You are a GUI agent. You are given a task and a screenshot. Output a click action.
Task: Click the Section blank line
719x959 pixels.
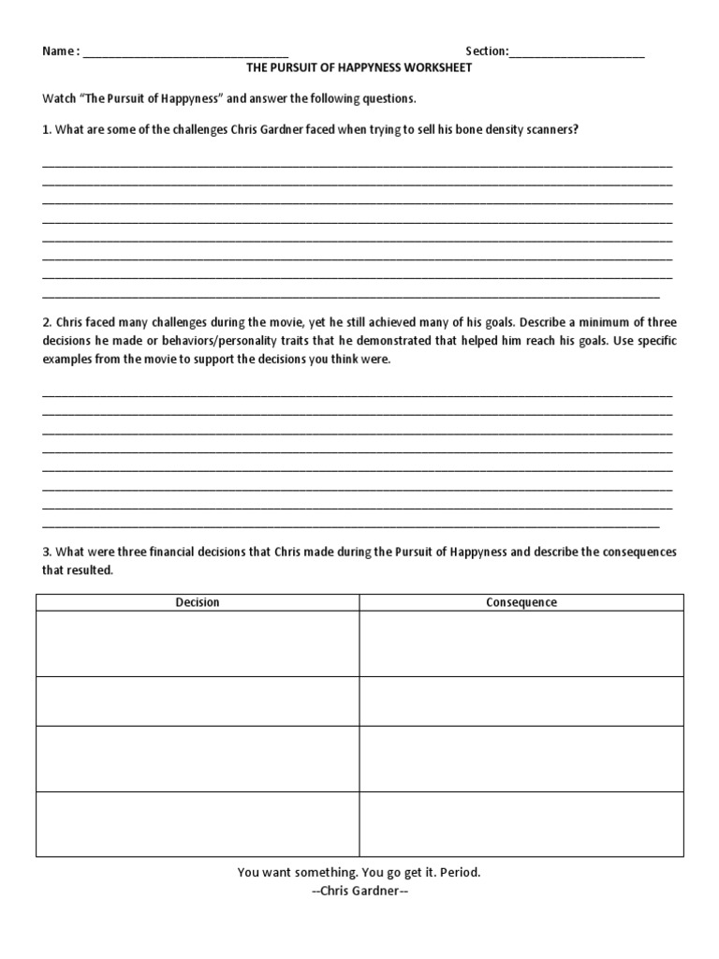point(577,54)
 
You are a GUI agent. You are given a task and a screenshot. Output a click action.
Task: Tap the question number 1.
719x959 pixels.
point(46,129)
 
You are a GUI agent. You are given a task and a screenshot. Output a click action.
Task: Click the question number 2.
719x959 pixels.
point(46,323)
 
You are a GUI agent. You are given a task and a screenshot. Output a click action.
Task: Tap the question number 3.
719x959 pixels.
point(46,552)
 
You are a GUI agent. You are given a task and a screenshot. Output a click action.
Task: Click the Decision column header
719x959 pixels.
point(198,602)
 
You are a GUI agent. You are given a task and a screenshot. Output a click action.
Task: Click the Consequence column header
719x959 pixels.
point(521,602)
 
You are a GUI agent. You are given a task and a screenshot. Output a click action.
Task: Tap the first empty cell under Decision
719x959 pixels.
point(198,643)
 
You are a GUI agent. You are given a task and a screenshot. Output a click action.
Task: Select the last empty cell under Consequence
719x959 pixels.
point(521,824)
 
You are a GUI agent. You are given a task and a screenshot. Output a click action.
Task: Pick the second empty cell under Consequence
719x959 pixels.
point(521,701)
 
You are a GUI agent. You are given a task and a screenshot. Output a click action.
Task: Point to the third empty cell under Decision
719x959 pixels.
point(198,759)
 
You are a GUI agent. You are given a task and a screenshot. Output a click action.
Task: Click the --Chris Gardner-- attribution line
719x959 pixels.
point(359,891)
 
